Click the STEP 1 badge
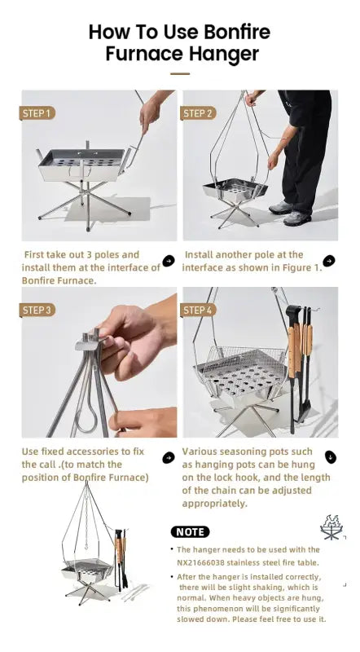(37, 113)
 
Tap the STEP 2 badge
(198, 113)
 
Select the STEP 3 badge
(37, 311)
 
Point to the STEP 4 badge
(198, 311)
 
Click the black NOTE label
(190, 532)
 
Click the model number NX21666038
(200, 562)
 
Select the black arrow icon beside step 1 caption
(169, 261)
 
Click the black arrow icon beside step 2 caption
(329, 261)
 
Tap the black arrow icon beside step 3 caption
(169, 457)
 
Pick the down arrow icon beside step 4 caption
(331, 457)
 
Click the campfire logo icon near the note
(331, 527)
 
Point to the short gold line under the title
(180, 74)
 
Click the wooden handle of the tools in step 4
(294, 350)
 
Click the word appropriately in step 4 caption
(214, 504)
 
